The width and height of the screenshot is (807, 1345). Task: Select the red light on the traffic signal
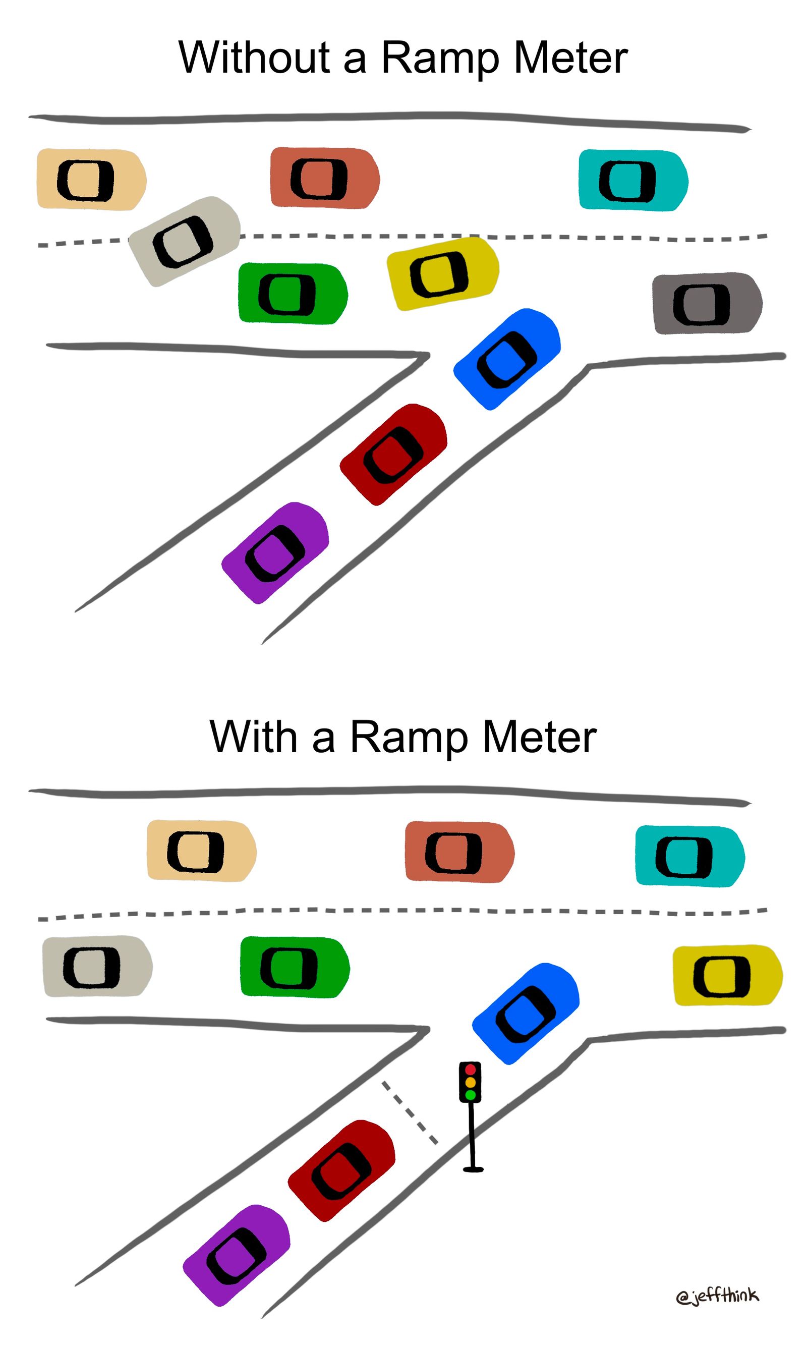pos(471,1070)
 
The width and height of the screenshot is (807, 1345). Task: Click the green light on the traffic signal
pos(471,1094)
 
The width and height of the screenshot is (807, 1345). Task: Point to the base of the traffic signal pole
pos(473,1169)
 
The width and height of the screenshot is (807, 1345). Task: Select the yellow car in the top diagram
pos(443,273)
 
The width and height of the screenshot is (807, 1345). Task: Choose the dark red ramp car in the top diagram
pos(393,454)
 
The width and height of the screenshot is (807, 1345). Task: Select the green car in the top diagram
pos(293,294)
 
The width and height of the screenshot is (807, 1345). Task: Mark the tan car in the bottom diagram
pos(201,851)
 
